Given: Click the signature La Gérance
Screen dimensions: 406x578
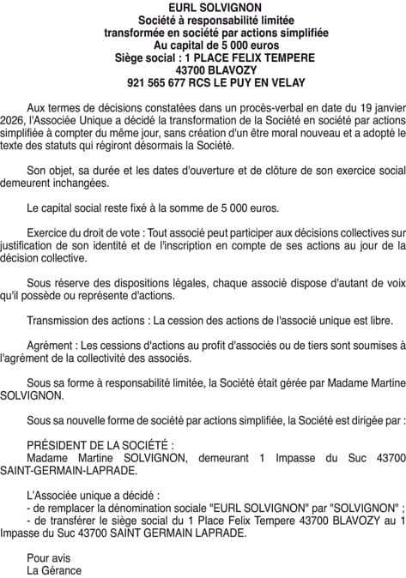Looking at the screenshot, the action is tap(54, 569).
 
